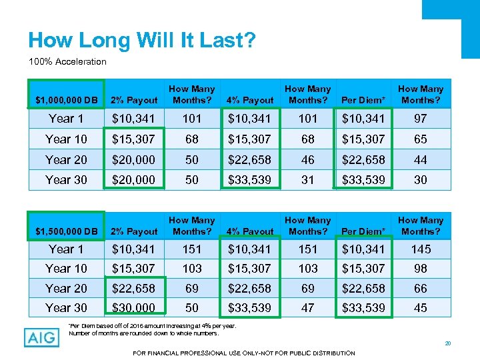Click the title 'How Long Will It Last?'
[x=141, y=40]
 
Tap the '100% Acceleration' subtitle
[x=67, y=62]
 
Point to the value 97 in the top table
[x=421, y=119]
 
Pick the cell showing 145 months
[x=421, y=249]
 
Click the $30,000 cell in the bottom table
[x=133, y=308]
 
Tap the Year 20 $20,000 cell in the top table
[x=133, y=160]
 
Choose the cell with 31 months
[x=307, y=180]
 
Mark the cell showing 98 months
[x=421, y=269]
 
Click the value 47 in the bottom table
[x=307, y=308]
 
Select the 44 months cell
[x=421, y=160]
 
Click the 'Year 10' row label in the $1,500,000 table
[x=66, y=269]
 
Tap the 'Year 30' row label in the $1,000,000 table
[x=66, y=180]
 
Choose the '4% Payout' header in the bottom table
[x=250, y=231]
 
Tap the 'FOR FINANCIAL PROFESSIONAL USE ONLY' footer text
[x=244, y=352]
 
